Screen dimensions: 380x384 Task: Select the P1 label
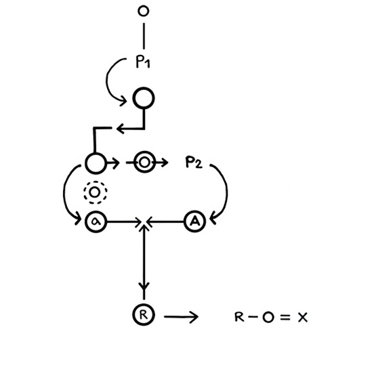tap(143, 62)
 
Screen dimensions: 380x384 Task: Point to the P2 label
tap(194, 162)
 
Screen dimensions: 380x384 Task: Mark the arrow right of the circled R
tap(181, 317)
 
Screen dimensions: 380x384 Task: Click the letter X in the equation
tap(303, 318)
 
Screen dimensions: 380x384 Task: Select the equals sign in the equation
tap(285, 318)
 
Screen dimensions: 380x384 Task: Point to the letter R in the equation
tap(239, 317)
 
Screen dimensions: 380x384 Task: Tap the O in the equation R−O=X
tap(268, 318)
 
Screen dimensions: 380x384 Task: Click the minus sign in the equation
tap(253, 317)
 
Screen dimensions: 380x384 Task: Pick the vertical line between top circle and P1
tap(144, 36)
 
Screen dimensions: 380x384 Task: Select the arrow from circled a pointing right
tap(124, 222)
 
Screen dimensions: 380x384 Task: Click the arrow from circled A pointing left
tap(165, 222)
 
